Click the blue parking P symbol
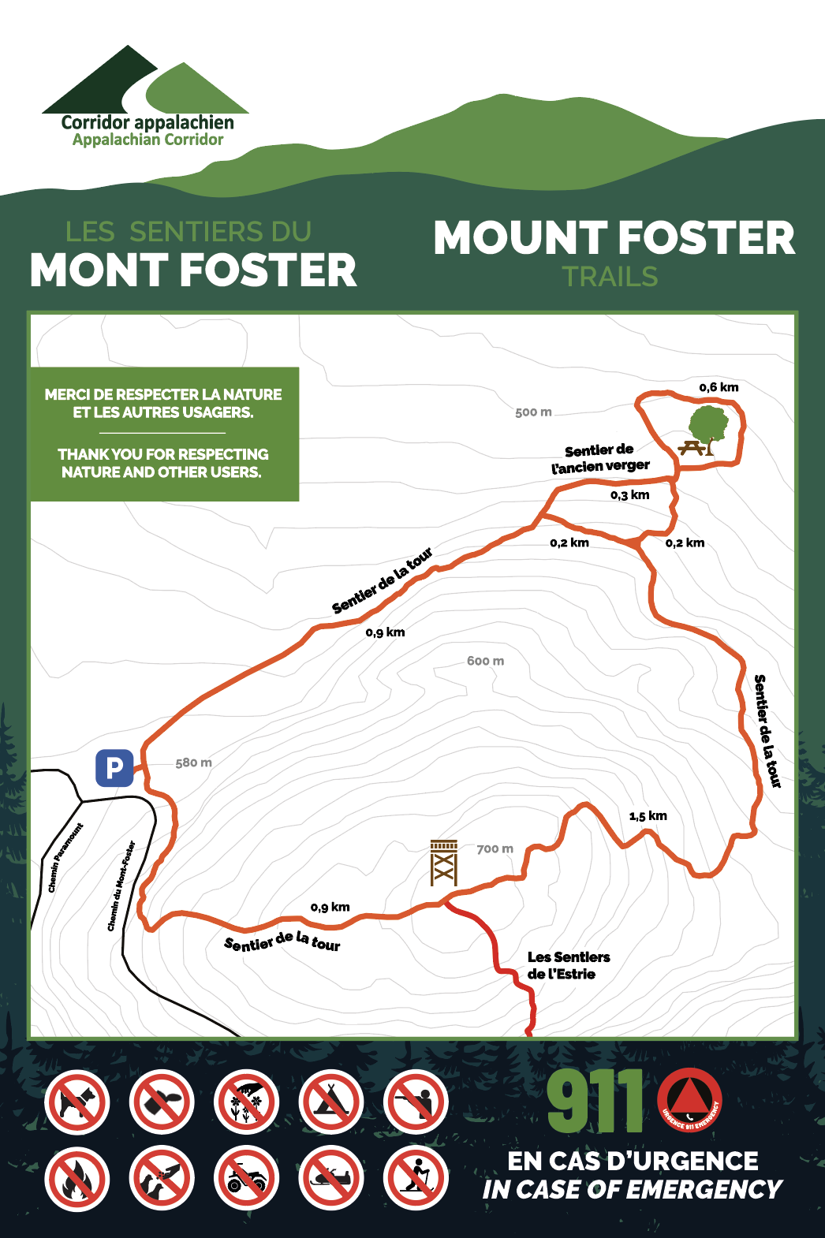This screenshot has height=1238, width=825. click(x=114, y=767)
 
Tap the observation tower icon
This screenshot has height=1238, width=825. click(x=444, y=863)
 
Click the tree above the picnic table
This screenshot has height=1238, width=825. click(x=709, y=425)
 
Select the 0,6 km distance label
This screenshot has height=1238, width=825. click(x=719, y=387)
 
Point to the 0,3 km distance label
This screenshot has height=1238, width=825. click(x=629, y=495)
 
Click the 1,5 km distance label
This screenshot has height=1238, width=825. click(x=648, y=816)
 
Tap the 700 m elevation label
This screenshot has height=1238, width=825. click(x=495, y=849)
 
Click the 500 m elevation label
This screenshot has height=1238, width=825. click(x=533, y=412)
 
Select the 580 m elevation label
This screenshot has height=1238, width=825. click(x=193, y=763)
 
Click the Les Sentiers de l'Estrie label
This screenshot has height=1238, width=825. click(x=568, y=966)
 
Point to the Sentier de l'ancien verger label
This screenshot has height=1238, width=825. click(x=599, y=459)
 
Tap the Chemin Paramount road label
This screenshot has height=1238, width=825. click(x=65, y=858)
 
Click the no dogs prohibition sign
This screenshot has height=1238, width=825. click(x=77, y=1102)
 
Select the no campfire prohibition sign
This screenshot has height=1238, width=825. click(x=77, y=1179)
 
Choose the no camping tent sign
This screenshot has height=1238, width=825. click(x=331, y=1102)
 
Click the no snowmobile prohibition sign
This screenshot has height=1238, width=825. click(x=331, y=1179)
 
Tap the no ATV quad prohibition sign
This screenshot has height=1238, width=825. click(x=247, y=1179)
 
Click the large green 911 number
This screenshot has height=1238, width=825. click(x=595, y=1102)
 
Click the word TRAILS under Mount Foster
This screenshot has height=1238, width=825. click(x=610, y=277)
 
